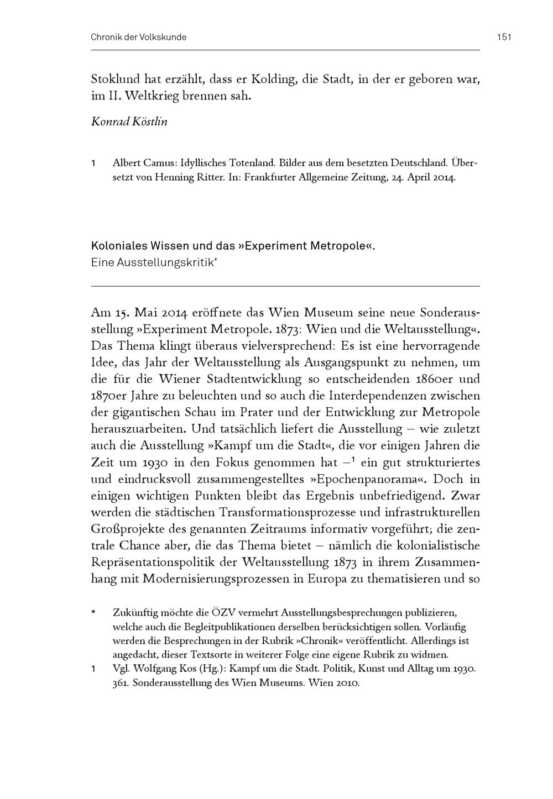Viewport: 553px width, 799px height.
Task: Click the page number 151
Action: point(504,38)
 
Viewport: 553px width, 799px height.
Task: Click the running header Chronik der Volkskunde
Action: point(139,38)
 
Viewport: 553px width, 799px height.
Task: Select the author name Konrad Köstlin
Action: point(129,122)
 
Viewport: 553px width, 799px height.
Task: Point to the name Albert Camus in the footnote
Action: point(138,163)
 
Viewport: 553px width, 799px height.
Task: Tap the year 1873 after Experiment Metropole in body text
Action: point(287,329)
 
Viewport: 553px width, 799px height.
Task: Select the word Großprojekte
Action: point(130,528)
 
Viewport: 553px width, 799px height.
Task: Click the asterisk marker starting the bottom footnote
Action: point(94,613)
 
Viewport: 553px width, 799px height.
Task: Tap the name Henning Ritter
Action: point(178,178)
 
